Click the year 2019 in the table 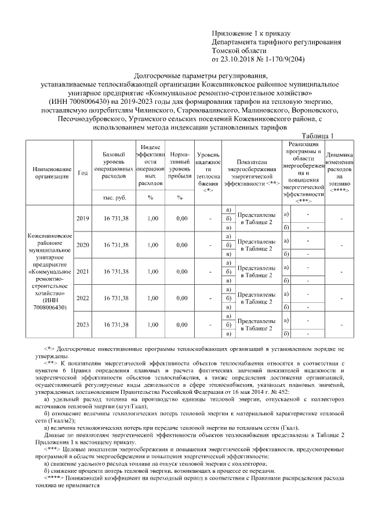point(83,218)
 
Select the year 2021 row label point(83,271)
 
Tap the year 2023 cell point(83,325)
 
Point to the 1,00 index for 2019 point(150,218)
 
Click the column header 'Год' point(83,172)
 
